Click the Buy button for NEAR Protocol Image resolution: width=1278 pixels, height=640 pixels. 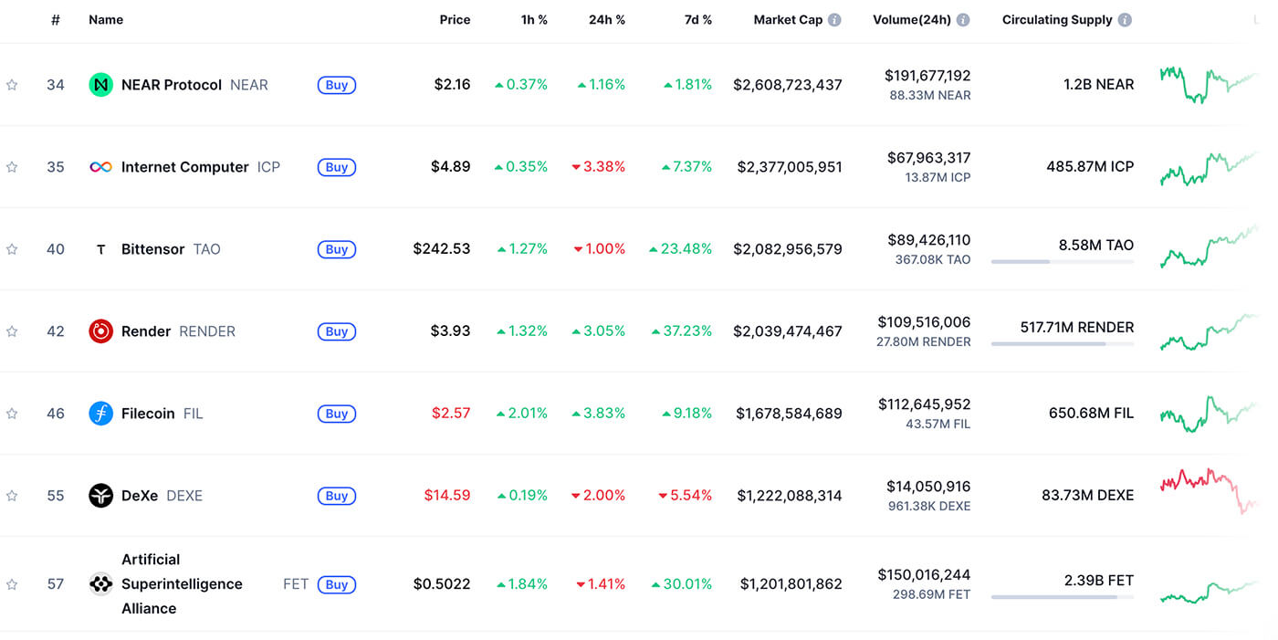coord(336,85)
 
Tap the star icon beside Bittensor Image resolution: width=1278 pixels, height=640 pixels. coord(12,249)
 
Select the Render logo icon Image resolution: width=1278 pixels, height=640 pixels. coord(100,331)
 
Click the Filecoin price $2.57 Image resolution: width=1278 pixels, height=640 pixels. coord(451,414)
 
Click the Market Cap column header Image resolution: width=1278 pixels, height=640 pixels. coord(788,19)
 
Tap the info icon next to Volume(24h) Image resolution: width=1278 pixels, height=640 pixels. coord(963,20)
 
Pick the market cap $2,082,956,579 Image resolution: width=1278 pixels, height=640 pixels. coord(788,249)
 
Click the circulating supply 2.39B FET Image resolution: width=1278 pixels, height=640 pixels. coord(1099,580)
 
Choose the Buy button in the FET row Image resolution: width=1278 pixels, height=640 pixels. coord(336,584)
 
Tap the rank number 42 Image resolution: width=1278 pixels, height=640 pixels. coord(56,331)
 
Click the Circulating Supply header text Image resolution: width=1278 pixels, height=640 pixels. coord(1057,19)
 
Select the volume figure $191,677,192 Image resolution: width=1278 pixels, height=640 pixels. coord(927,76)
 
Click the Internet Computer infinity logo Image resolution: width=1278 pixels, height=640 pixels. coord(100,167)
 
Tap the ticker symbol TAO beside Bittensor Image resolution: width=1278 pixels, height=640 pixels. coord(207,249)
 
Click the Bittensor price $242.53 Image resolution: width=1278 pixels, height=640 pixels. coord(442,249)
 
